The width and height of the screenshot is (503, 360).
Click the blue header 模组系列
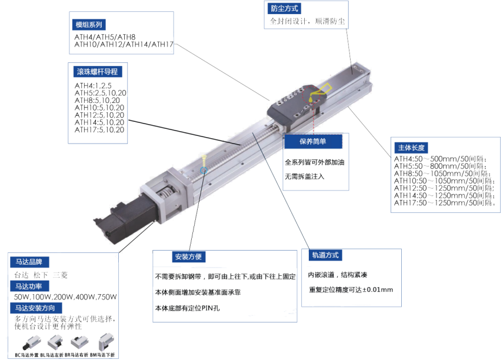click(x=89, y=25)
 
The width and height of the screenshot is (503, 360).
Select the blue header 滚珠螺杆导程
click(x=97, y=72)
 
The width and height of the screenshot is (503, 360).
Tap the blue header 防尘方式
click(x=284, y=9)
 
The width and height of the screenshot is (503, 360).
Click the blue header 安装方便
click(x=188, y=258)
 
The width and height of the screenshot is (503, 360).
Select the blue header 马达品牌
click(x=32, y=262)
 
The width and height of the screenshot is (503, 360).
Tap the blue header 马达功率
click(x=32, y=286)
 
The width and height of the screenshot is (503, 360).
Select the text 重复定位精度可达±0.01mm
click(x=351, y=290)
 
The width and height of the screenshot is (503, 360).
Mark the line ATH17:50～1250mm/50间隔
click(x=448, y=204)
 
